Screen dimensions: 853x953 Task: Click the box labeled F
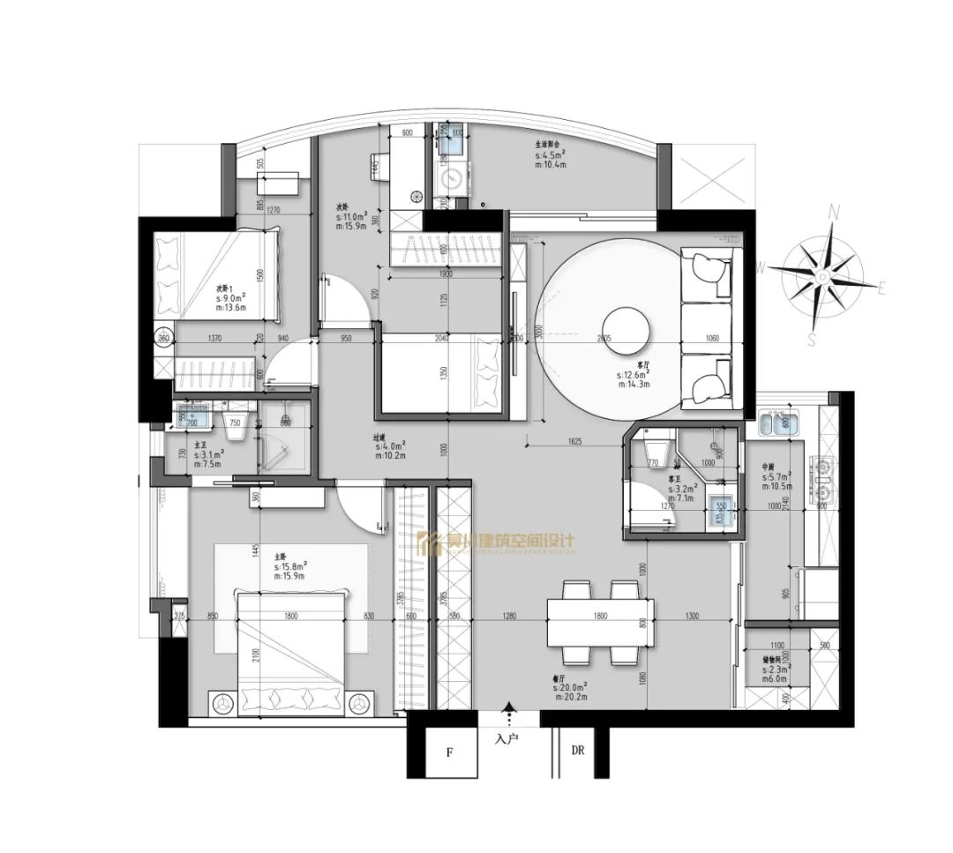pos(448,752)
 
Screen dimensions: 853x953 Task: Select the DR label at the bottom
pos(578,752)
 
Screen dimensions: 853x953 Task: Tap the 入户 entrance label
pos(507,739)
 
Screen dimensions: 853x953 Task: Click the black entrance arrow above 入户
pos(507,707)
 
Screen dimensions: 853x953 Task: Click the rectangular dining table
pos(601,623)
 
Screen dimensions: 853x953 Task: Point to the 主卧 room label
pos(281,556)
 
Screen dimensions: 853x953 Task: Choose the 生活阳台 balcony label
pos(548,144)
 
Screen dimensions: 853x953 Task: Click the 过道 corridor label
pos(380,436)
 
